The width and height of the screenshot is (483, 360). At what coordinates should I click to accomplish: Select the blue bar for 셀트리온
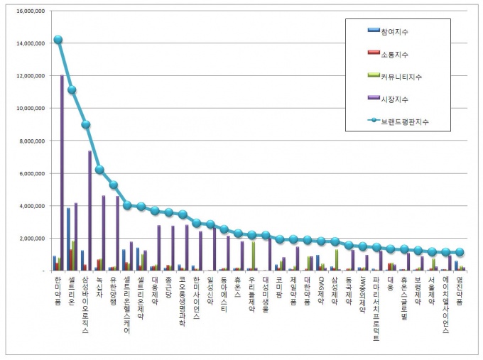point(68,239)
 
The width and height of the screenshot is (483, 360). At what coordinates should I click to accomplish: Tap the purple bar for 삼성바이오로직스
point(90,210)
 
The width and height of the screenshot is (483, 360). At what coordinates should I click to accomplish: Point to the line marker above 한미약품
point(58,40)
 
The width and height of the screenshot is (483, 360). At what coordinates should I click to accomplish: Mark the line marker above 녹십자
point(99,170)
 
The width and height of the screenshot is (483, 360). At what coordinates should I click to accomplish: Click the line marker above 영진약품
point(460,252)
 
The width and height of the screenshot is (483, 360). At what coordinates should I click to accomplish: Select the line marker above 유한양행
point(114,185)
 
